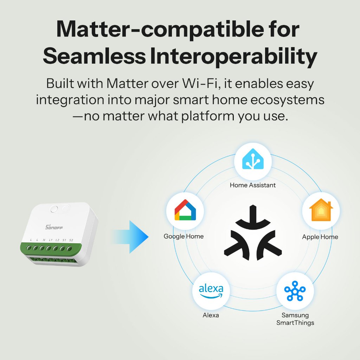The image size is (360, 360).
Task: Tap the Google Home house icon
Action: pyautogui.click(x=185, y=210)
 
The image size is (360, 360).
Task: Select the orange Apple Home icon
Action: pyautogui.click(x=321, y=210)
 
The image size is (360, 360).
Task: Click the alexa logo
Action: pyautogui.click(x=211, y=291)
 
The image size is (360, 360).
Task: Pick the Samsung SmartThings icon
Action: pyautogui.click(x=295, y=291)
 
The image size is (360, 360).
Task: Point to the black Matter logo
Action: pyautogui.click(x=253, y=233)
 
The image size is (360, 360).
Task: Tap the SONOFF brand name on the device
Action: pyautogui.click(x=54, y=227)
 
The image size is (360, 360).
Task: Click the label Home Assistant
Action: pyautogui.click(x=252, y=185)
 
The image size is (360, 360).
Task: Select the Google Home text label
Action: pyautogui.click(x=184, y=236)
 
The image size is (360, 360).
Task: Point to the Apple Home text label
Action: pyautogui.click(x=320, y=237)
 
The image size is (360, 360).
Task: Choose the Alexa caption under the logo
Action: pyautogui.click(x=211, y=315)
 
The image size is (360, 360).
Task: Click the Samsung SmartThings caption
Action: pyautogui.click(x=295, y=319)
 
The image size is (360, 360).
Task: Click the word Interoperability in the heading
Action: pyautogui.click(x=233, y=56)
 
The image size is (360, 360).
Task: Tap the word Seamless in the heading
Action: pyautogui.click(x=94, y=56)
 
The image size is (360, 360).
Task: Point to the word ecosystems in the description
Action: pyautogui.click(x=287, y=100)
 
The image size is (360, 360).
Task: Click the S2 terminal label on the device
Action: pyautogui.click(x=71, y=240)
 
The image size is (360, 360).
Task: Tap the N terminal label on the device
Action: pyautogui.click(x=44, y=240)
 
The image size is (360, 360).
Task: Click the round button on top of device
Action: pyautogui.click(x=54, y=209)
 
